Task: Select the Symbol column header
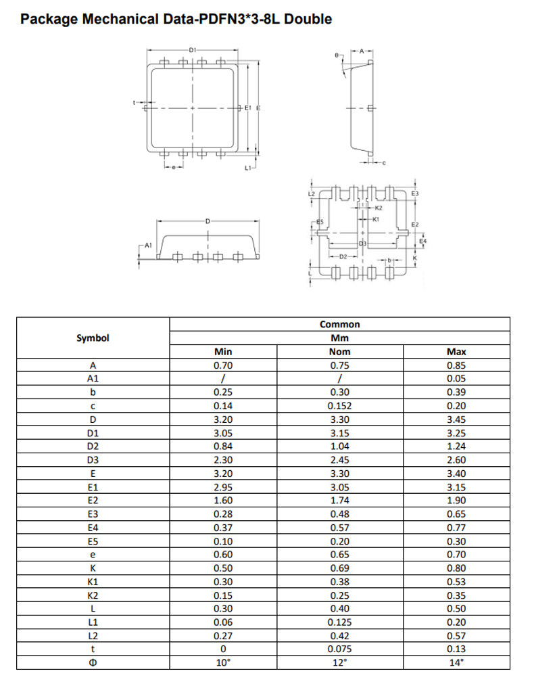pos(93,338)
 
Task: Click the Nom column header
pos(340,352)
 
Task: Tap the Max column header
pos(456,352)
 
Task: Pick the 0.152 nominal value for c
pos(340,406)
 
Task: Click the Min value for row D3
pos(223,460)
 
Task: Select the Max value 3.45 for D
pos(456,419)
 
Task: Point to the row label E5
pos(93,541)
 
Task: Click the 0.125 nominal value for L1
pos(340,622)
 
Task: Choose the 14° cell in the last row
pos(456,662)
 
